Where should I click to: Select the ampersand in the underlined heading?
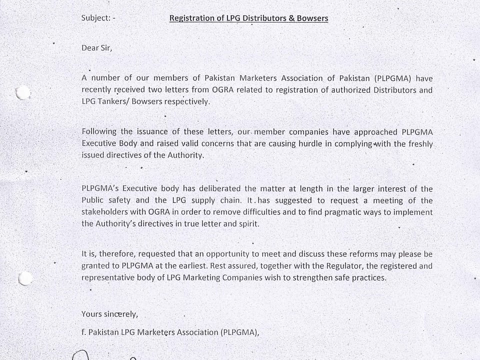pos(292,18)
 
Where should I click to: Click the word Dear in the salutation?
pos(90,48)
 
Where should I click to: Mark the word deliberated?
pos(221,188)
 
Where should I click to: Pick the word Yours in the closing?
pos(91,314)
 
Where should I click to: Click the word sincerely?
pos(120,314)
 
